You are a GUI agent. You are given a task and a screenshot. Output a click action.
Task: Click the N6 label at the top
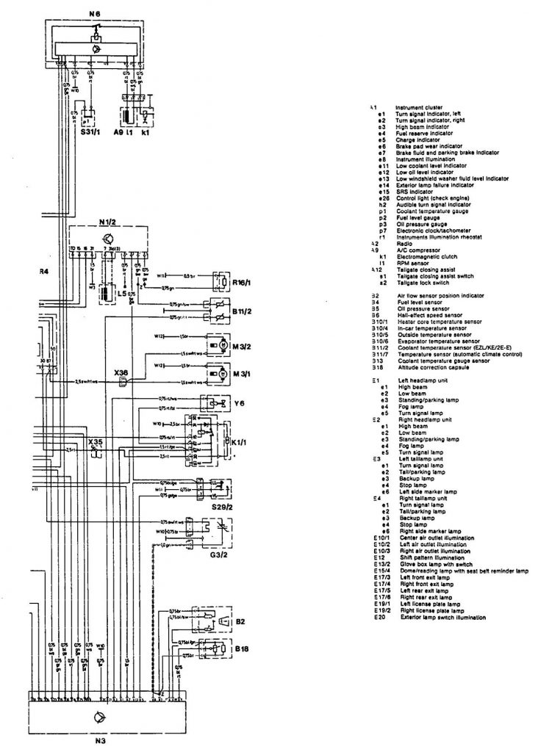click(x=95, y=13)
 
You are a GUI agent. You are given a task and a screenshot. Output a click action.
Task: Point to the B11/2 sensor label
click(x=242, y=311)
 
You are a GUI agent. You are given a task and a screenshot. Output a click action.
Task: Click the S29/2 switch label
click(x=221, y=507)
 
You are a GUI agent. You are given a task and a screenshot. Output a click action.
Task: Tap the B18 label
click(x=241, y=649)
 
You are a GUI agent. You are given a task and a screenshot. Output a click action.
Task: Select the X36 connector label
click(x=121, y=372)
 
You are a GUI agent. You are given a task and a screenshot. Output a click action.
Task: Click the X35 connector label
click(x=96, y=441)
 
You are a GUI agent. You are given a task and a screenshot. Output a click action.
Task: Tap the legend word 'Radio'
click(x=402, y=243)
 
